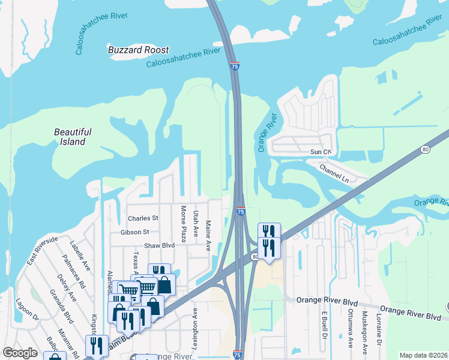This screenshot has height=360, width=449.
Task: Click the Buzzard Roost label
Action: (x=138, y=50)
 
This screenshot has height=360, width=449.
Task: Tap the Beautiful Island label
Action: (x=72, y=137)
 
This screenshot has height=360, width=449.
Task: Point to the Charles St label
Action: (x=143, y=218)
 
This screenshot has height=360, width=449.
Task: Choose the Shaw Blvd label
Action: (x=158, y=246)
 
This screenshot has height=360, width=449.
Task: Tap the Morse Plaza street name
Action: (x=184, y=224)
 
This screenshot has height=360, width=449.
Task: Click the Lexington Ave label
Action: (x=195, y=322)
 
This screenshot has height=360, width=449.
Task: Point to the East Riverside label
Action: (x=42, y=251)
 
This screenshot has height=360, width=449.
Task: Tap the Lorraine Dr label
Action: (x=379, y=330)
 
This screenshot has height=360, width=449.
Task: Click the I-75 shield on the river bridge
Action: (x=235, y=67)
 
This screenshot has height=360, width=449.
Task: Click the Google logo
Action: (x=20, y=353)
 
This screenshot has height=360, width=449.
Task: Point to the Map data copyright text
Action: (x=423, y=355)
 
